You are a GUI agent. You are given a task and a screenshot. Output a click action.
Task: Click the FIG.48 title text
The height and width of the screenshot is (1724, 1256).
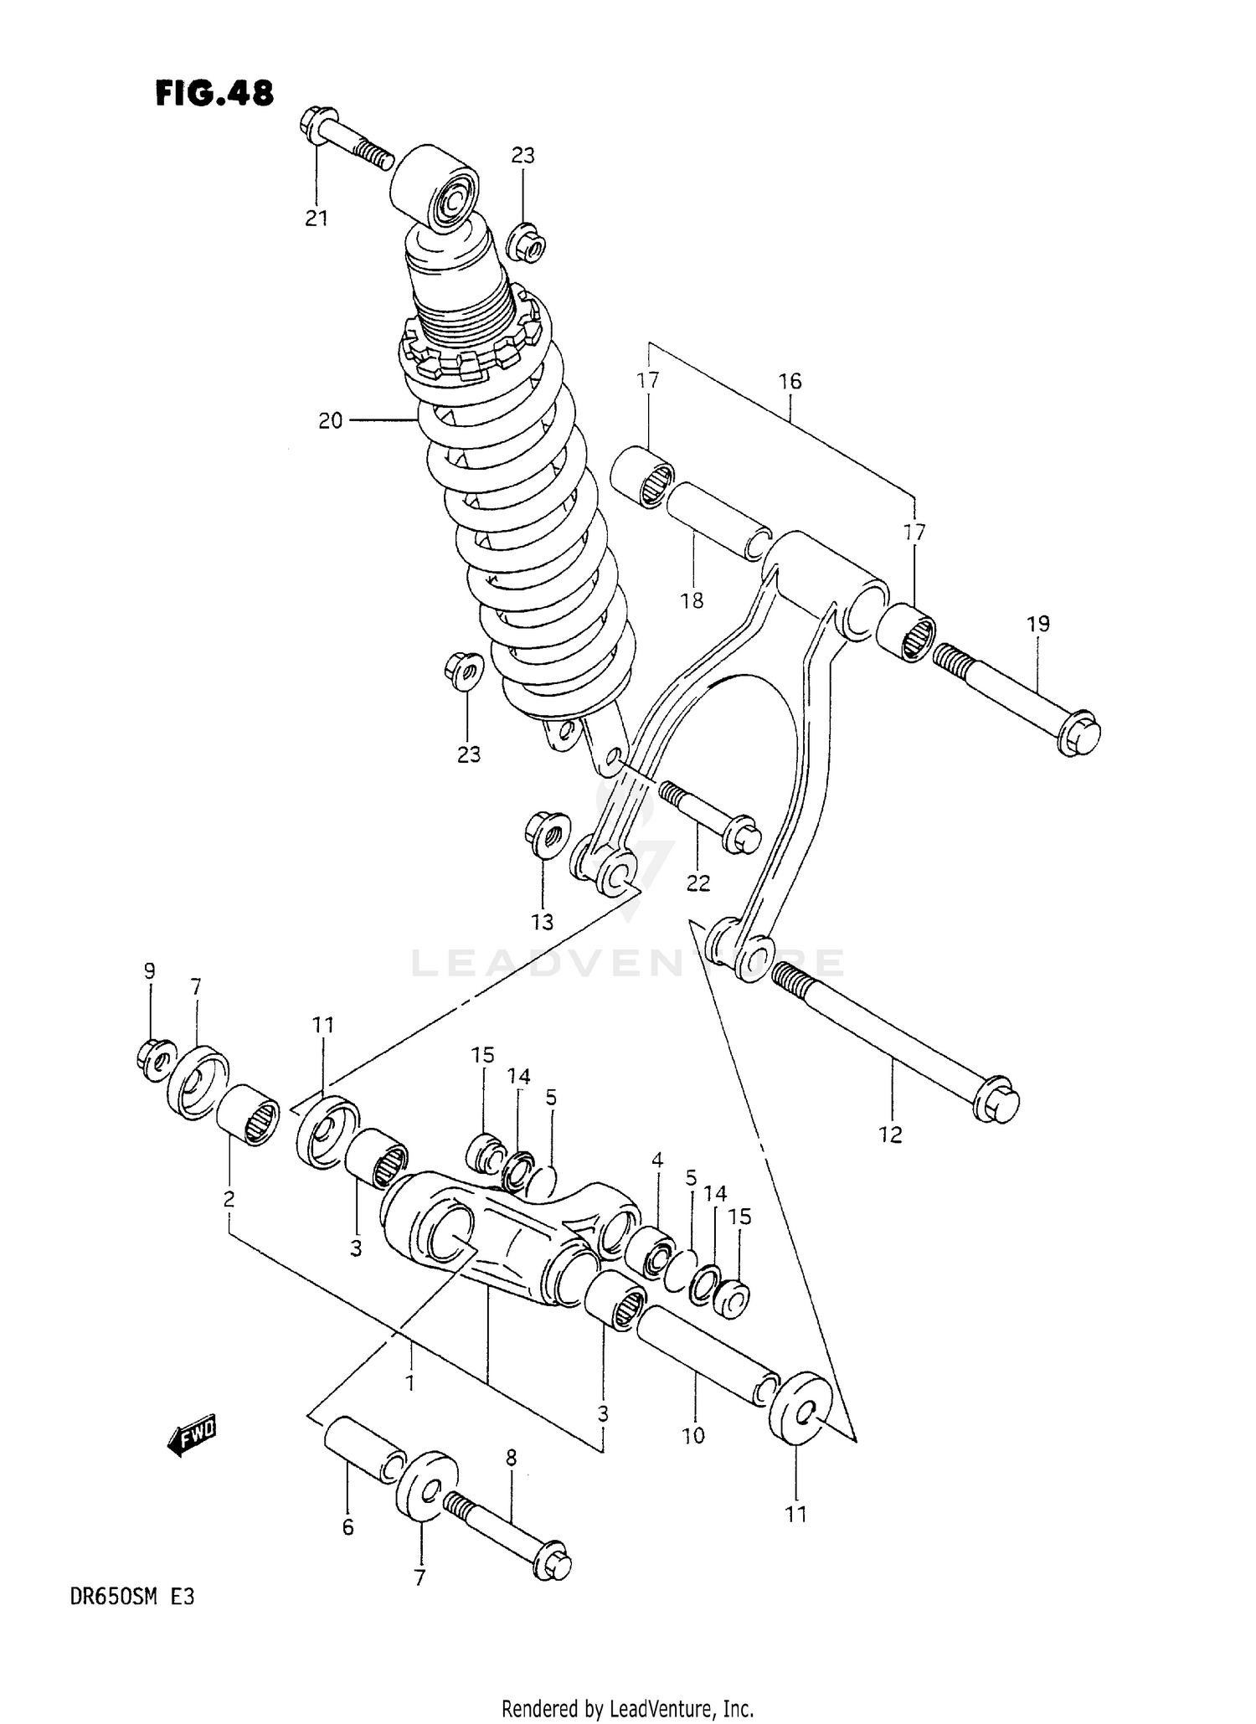pos(214,93)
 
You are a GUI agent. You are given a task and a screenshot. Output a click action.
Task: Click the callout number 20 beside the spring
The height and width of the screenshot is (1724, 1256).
pos(330,420)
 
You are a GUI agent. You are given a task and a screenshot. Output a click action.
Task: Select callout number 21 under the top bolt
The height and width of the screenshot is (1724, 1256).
pos(316,218)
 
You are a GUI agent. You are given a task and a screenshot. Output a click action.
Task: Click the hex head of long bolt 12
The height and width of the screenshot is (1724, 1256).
pos(997,1106)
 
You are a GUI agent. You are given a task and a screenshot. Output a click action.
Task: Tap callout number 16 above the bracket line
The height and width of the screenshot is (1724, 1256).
pos(790,381)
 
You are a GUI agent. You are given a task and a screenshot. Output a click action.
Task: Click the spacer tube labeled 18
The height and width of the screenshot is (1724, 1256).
pos(718,520)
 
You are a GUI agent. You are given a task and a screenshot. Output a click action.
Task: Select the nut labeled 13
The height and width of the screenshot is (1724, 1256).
pos(545,835)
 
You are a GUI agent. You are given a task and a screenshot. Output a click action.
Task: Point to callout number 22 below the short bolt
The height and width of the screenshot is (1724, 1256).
pos(697,883)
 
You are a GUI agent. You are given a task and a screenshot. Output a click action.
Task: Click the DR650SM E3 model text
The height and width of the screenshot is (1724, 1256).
pos(138,1597)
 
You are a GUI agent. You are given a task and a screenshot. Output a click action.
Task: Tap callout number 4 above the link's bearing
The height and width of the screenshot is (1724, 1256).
pos(657,1160)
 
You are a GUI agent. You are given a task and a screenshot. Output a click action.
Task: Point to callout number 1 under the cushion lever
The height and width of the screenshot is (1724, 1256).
pos(410,1384)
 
